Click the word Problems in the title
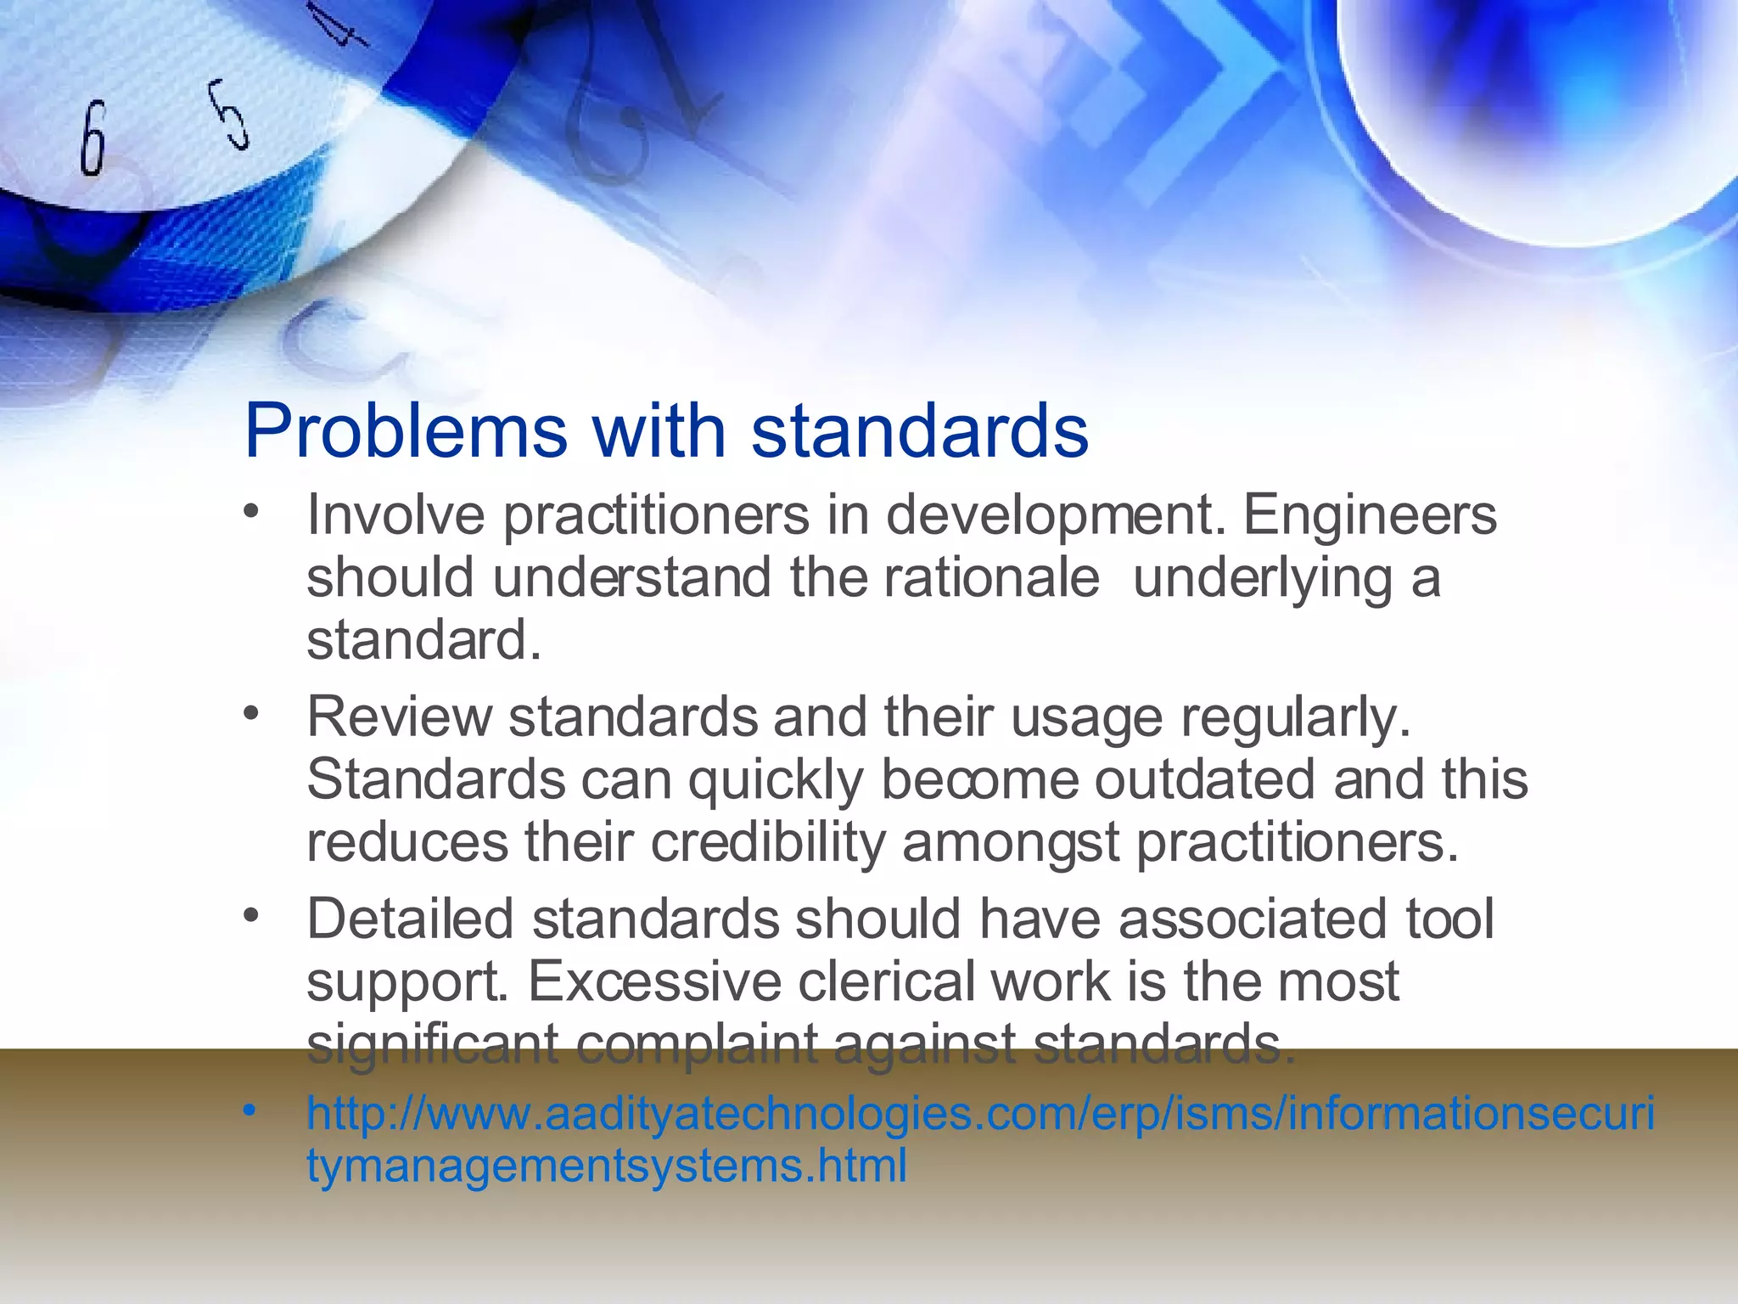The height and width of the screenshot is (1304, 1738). coord(406,431)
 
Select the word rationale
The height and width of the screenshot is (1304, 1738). coord(991,577)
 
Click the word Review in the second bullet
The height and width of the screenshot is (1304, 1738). coord(398,717)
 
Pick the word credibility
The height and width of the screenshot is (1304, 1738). coord(767,842)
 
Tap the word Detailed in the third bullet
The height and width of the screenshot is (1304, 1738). coord(410,919)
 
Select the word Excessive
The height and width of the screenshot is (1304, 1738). coord(654,981)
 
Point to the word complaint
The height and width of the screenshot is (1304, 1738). coord(697,1044)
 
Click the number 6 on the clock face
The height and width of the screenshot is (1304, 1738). coord(93,138)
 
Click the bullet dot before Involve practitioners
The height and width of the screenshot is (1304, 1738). coord(249,511)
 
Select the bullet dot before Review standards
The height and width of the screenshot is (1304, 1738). coord(249,713)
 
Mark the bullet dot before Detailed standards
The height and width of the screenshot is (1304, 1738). coord(249,915)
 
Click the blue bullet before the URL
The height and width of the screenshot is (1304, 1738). coord(249,1110)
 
